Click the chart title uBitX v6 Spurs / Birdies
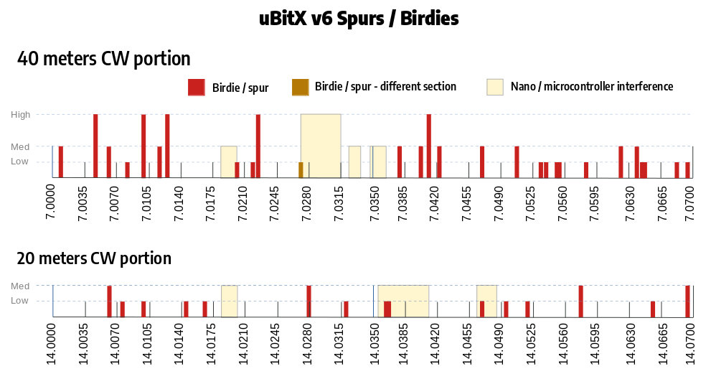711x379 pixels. tap(359, 19)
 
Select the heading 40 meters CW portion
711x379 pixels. tap(104, 59)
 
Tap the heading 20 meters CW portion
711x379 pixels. tap(94, 258)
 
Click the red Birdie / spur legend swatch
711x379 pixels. tap(197, 88)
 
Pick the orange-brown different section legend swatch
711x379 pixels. tap(299, 87)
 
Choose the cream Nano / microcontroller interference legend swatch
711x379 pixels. tap(495, 87)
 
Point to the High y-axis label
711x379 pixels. tap(19, 114)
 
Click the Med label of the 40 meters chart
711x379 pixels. tap(19, 146)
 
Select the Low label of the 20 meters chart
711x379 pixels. tap(19, 301)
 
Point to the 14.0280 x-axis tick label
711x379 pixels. tap(308, 345)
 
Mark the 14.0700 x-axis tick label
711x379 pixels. tap(690, 345)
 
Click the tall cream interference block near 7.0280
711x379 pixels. tap(321, 146)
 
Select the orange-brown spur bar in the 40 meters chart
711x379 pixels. tap(301, 170)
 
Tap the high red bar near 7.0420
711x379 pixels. tap(428, 146)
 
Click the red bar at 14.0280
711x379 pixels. tap(309, 301)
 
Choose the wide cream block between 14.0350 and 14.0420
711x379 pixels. tap(403, 301)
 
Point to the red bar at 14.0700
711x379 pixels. tap(687, 301)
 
